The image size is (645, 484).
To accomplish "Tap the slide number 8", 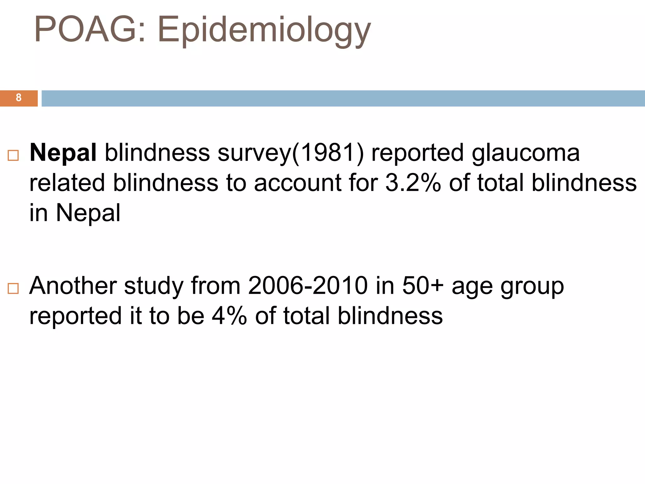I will coord(19,98).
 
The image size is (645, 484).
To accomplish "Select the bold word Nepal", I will coord(63,153).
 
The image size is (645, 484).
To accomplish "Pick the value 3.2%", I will coord(413,183).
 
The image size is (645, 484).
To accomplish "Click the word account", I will coord(298,183).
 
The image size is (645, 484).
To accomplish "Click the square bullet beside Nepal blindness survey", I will coord(13,156).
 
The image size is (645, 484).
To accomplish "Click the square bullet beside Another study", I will coord(13,289).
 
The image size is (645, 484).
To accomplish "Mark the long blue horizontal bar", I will coord(343,98).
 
